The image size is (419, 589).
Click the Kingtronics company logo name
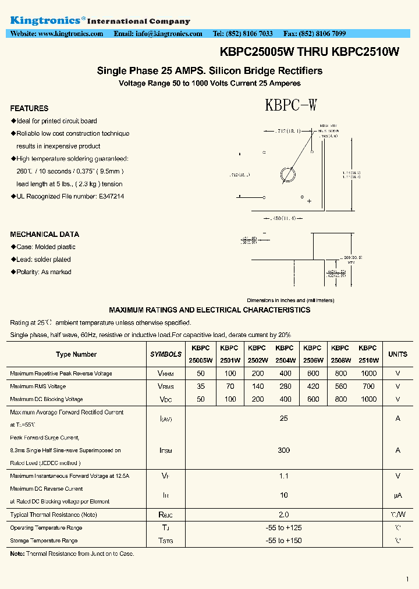(x=47, y=20)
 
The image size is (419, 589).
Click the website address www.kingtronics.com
(x=70, y=34)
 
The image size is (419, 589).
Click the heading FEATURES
(x=29, y=108)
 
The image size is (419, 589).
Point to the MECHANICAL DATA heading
(x=44, y=235)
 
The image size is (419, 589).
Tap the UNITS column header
(x=398, y=354)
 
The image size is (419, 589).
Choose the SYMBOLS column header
(x=166, y=354)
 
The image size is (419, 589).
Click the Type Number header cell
(x=76, y=354)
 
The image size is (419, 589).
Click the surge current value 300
(x=283, y=450)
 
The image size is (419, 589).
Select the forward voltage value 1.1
(x=283, y=476)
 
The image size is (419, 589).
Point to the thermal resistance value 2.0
(x=283, y=515)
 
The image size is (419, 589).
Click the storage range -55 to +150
(x=283, y=541)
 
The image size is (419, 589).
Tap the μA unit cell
(x=398, y=495)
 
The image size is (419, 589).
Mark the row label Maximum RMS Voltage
(x=38, y=386)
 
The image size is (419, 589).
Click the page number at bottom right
(x=407, y=579)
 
